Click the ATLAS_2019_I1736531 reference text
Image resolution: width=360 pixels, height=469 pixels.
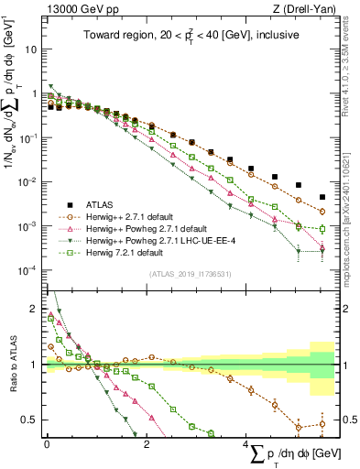click(190, 274)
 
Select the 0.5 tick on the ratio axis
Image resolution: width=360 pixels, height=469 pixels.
click(29, 420)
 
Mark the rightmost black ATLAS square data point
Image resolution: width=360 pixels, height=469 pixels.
click(322, 197)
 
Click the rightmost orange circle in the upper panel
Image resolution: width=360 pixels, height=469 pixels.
click(322, 211)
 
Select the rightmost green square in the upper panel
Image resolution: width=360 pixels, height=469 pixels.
click(322, 229)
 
